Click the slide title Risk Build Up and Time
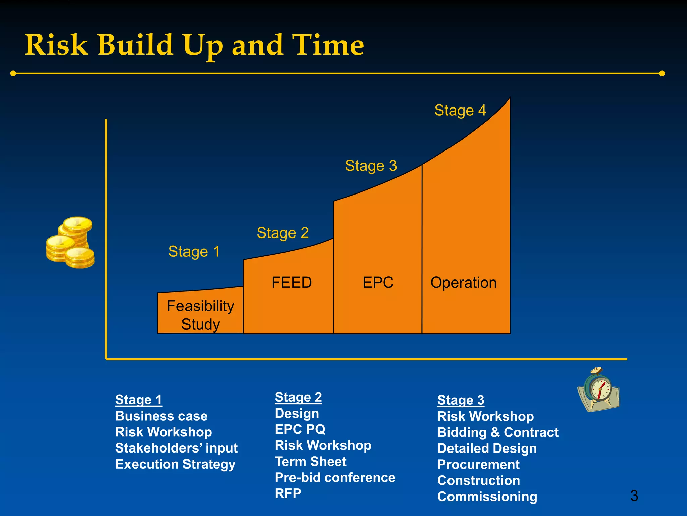click(195, 45)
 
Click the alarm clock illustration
click(599, 390)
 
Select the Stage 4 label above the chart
click(460, 110)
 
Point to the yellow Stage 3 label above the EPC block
click(371, 166)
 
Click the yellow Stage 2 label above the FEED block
click(282, 233)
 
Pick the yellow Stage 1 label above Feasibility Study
click(194, 251)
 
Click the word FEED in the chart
click(292, 282)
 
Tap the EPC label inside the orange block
click(378, 282)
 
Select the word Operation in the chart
click(463, 283)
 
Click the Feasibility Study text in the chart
click(201, 315)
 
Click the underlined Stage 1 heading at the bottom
click(139, 400)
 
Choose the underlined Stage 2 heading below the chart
click(298, 397)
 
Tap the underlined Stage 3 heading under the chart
click(461, 400)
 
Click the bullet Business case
click(161, 416)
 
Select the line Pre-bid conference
click(335, 477)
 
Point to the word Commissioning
click(487, 497)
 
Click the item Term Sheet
click(310, 461)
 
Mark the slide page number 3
click(634, 496)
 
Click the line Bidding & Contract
click(498, 432)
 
